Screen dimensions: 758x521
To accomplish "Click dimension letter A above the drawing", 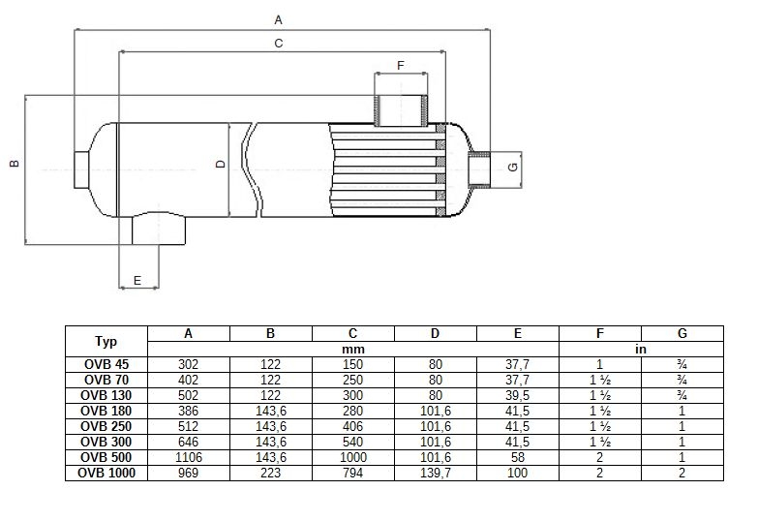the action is click(278, 19).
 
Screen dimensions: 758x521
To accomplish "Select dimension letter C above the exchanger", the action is click(278, 43).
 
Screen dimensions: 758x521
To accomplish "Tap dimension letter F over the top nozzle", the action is click(400, 65).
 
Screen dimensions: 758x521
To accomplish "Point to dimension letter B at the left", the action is click(15, 163).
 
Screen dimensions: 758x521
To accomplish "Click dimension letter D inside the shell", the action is click(221, 164).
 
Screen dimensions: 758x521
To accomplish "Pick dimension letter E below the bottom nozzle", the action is click(137, 281).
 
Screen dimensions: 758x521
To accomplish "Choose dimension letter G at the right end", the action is click(513, 167).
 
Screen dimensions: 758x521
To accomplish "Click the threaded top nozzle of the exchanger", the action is click(401, 110).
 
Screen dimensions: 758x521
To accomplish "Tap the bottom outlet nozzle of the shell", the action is click(159, 230).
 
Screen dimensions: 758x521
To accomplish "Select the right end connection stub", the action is click(479, 169).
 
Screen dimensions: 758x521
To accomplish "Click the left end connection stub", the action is click(81, 169).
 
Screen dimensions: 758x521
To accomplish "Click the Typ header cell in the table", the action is click(106, 341).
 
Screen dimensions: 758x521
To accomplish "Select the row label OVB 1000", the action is click(106, 473).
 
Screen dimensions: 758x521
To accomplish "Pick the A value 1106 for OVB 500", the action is click(189, 457).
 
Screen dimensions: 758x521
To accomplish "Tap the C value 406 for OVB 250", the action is click(353, 426).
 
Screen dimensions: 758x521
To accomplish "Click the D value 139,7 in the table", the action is click(436, 473).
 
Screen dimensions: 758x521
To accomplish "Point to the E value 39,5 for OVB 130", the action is click(518, 395).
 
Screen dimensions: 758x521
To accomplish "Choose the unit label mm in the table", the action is click(353, 349).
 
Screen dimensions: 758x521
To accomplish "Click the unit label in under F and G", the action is click(641, 349).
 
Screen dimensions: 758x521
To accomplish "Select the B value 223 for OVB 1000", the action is click(271, 473).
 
